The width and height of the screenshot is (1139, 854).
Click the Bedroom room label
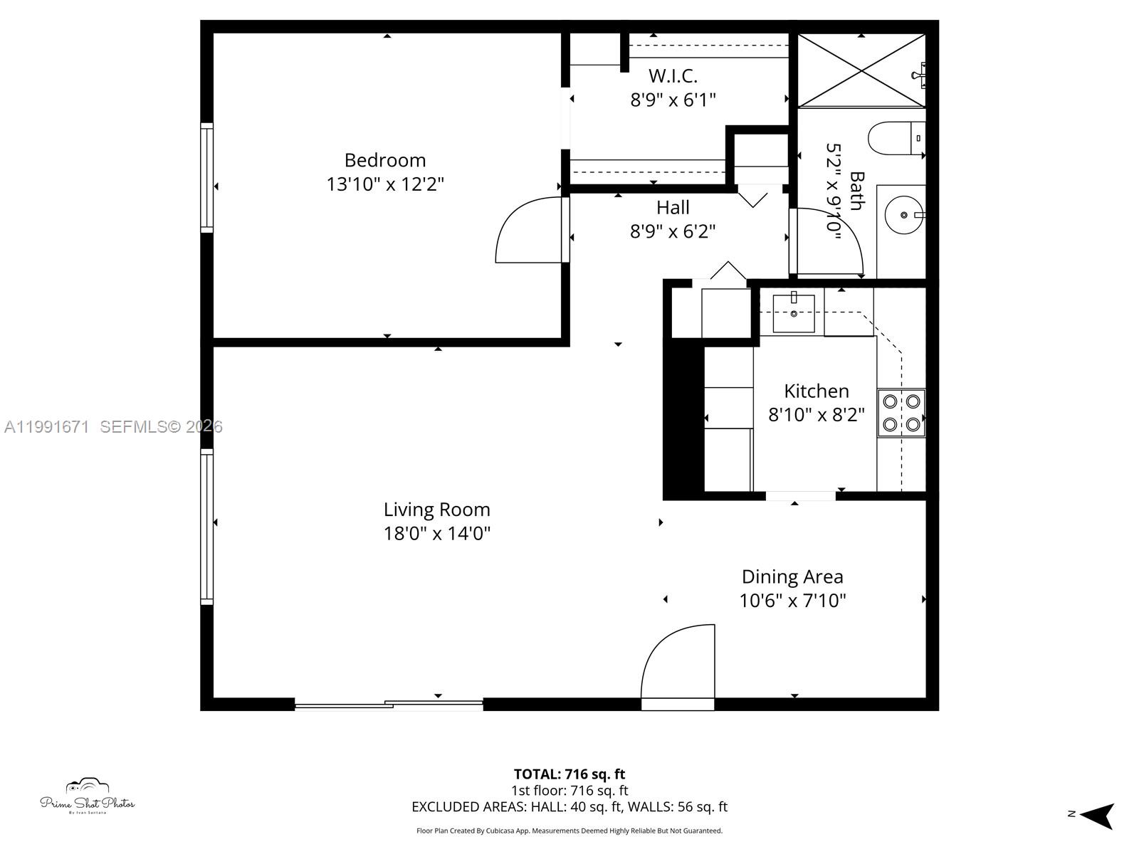coord(385,160)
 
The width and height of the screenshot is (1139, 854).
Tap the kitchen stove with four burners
coord(901,413)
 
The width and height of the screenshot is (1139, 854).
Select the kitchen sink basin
coord(794,313)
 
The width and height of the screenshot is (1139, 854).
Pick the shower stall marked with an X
coord(861,70)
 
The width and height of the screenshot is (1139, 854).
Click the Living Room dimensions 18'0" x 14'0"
coord(437,533)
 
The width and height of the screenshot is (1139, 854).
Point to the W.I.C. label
coord(673,75)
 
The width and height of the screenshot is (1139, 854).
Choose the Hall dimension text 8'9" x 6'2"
coord(673,231)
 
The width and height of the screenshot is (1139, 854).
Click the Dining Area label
coord(792,576)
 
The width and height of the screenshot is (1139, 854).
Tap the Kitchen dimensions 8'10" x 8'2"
coord(817,414)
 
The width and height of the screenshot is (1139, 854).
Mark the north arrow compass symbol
coord(1096,815)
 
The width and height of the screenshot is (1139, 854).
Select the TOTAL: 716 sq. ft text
coord(569,774)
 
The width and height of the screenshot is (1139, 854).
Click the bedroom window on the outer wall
coord(206,178)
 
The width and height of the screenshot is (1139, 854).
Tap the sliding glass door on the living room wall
coord(389,705)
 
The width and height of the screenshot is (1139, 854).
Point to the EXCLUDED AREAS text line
coord(569,807)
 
